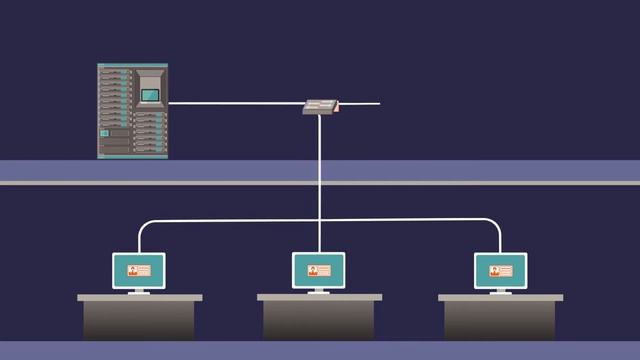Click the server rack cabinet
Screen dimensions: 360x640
132,110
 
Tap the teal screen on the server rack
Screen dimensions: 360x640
150,95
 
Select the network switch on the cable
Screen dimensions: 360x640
321,106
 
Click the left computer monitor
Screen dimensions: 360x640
138,270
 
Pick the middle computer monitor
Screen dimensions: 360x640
318,270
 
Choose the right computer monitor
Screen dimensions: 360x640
500,270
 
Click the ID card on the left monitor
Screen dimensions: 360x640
138,270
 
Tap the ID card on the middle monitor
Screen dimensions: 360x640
318,270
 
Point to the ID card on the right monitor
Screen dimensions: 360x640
500,270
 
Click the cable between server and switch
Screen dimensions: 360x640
235,103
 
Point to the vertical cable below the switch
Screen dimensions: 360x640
319,170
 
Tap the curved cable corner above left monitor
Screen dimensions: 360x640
142,224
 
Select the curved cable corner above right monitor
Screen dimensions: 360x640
495,224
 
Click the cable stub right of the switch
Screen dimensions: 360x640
361,103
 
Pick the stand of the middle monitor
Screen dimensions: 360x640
318,291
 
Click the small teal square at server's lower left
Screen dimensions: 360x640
104,132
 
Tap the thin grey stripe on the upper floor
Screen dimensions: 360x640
320,183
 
